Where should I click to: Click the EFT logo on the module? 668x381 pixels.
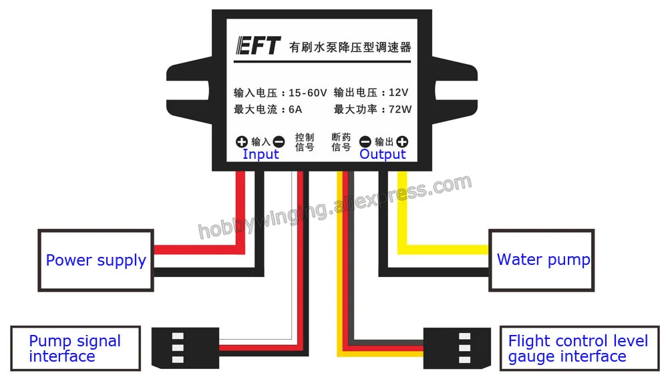click(x=258, y=45)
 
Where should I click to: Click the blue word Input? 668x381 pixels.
click(x=261, y=154)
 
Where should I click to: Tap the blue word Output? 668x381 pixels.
click(x=383, y=155)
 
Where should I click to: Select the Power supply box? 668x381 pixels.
click(x=96, y=260)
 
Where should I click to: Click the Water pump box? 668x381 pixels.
click(x=542, y=260)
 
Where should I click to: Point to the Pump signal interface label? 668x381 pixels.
click(x=75, y=349)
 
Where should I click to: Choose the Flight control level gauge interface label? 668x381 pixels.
click(x=579, y=349)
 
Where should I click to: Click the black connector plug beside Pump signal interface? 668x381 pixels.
click(x=185, y=348)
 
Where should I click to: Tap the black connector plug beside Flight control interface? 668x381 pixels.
click(x=457, y=348)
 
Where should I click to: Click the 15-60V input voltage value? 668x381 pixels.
click(x=307, y=93)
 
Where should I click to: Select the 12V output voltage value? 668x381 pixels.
click(x=398, y=92)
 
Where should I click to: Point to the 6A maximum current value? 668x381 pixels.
click(x=295, y=109)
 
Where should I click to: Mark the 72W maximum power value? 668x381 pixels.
click(x=400, y=109)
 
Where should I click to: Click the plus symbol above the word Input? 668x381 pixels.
click(x=242, y=141)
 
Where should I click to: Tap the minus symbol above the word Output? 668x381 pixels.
click(x=365, y=141)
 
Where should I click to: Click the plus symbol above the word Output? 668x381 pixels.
click(x=402, y=141)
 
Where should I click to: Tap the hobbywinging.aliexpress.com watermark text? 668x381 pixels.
click(x=335, y=207)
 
